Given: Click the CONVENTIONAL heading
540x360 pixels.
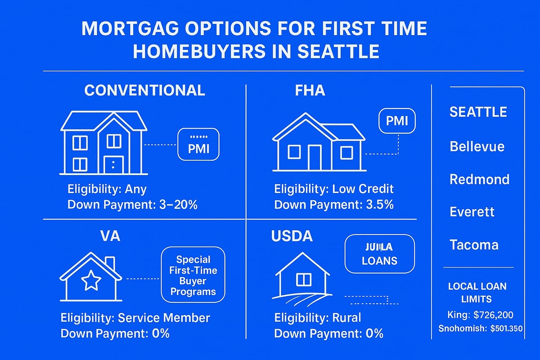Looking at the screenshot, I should pos(144,90).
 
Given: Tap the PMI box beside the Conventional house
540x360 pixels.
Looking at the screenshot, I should pos(198,144).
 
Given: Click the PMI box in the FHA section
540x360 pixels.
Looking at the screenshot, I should pos(397,120).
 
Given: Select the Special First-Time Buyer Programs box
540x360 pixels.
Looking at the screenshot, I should pos(193,275).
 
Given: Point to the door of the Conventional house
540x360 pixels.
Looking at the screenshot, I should pos(113,165).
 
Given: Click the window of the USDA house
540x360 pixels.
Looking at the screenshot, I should pos(303,280).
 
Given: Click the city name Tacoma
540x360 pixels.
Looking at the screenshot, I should pos(474,245).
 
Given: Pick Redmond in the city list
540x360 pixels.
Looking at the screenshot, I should pos(479,179).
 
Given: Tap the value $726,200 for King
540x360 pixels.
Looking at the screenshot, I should pos(495,315).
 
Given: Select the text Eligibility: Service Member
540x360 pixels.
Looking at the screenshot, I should pos(135,318).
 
